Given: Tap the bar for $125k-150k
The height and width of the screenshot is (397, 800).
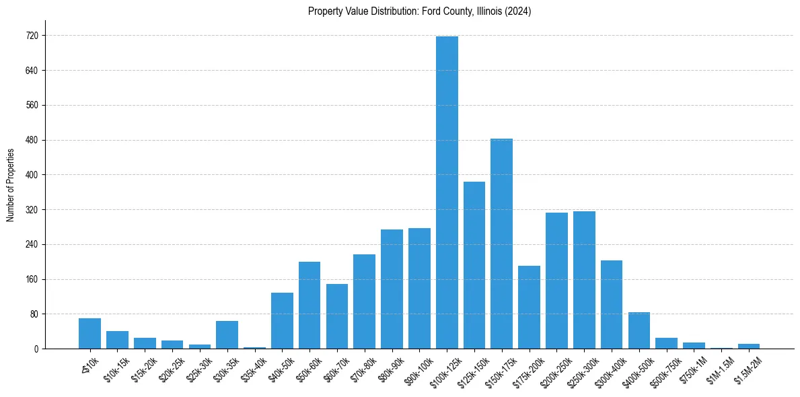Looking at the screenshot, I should [474, 265].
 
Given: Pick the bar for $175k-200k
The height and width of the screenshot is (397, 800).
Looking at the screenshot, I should [529, 307].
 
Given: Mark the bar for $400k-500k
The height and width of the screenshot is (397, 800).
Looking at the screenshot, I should [639, 330].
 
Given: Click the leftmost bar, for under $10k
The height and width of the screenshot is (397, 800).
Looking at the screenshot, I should [89, 333].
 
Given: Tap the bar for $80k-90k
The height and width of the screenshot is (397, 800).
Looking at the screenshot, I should [392, 289].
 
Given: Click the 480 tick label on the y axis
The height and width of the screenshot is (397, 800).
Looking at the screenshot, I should [32, 140].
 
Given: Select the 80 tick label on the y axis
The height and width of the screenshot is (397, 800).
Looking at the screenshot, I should [34, 314].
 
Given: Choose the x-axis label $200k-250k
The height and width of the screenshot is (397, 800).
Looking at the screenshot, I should [554, 367].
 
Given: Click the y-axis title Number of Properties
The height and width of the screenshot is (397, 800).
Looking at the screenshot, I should [10, 185].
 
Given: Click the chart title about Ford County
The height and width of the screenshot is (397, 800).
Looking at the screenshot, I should [419, 11].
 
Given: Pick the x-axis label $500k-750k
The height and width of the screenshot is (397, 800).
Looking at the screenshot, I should [664, 367].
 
